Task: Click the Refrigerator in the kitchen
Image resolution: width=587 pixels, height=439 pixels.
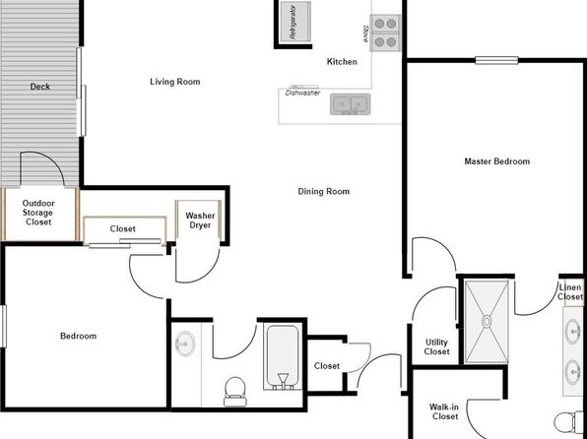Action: click(x=295, y=22)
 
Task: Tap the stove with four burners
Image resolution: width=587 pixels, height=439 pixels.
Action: click(x=385, y=32)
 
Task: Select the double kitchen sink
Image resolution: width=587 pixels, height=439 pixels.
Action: click(x=351, y=104)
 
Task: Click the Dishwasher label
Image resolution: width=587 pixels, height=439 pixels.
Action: click(x=302, y=93)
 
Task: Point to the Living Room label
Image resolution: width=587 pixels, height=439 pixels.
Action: click(x=175, y=82)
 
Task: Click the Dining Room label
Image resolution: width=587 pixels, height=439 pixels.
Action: click(x=324, y=191)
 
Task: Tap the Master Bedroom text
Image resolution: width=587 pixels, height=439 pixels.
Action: click(x=497, y=161)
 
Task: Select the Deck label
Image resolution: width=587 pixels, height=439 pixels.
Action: click(x=40, y=87)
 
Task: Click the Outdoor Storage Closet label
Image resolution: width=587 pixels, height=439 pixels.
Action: click(x=38, y=213)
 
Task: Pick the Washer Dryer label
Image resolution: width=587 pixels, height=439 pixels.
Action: click(x=200, y=220)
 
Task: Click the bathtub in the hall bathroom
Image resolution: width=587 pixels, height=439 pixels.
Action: click(x=283, y=356)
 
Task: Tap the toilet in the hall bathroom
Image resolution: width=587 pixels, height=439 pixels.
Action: click(x=234, y=392)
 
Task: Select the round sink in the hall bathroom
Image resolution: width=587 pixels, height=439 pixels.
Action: click(x=185, y=344)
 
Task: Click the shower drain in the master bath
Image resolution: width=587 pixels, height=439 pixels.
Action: click(x=487, y=322)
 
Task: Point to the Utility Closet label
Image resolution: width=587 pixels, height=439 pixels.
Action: click(x=437, y=346)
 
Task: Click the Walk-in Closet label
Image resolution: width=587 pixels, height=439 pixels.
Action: click(x=444, y=411)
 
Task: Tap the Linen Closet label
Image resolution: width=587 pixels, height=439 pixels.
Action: click(x=570, y=292)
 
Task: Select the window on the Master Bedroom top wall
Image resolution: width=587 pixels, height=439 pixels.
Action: click(x=496, y=60)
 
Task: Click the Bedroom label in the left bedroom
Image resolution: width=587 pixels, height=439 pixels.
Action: click(x=78, y=336)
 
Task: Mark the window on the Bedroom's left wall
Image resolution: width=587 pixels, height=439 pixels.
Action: click(x=3, y=326)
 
